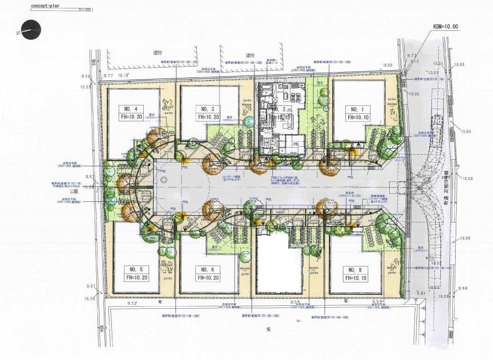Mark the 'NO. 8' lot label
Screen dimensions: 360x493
tap(354, 270)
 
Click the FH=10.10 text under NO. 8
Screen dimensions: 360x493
tap(354, 278)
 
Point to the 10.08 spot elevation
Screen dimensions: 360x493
tap(468, 179)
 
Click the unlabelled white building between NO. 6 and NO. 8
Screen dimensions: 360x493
tap(279, 264)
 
